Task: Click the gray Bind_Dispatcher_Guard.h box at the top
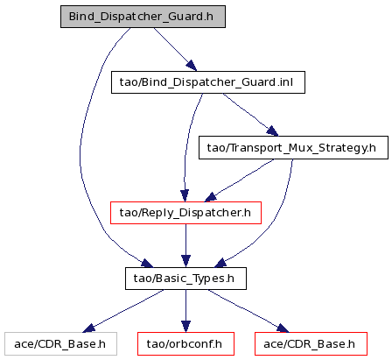click(143, 17)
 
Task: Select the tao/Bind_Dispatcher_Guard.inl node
click(208, 82)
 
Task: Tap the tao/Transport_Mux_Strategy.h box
click(293, 148)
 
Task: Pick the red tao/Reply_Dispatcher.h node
click(185, 213)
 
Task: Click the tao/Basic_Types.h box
click(185, 279)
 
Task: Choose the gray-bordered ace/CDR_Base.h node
click(60, 344)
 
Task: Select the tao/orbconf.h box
click(185, 344)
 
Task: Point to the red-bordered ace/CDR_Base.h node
click(311, 344)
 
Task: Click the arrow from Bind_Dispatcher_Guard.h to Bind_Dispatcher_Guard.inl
click(175, 49)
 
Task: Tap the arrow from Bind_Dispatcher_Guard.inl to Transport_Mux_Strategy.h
click(250, 115)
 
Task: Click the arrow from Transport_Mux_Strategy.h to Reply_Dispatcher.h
click(239, 181)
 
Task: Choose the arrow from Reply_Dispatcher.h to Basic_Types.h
click(185, 246)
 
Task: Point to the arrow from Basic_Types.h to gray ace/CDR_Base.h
click(123, 311)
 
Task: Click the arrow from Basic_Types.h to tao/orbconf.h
click(185, 311)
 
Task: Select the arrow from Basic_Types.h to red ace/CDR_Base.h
click(248, 311)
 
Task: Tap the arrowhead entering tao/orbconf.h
click(185, 327)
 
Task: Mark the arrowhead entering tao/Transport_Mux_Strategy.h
click(273, 131)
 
